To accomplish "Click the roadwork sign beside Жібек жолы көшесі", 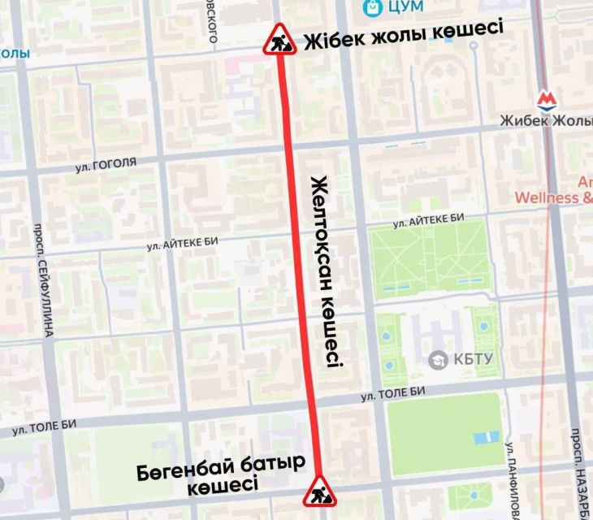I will coord(279,40).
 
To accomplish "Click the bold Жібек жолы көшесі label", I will coord(403,40).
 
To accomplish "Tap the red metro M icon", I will coord(547,100).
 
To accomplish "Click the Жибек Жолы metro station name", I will coord(546,121).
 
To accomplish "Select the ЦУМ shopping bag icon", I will coord(372,7).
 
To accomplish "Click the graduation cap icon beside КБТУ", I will coord(439,358).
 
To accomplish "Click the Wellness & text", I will coord(553,197).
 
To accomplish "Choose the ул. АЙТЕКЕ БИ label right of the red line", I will coord(427,220).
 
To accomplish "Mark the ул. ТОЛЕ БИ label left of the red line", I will coord(44,427).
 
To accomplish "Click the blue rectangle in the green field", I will coord(484,438).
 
